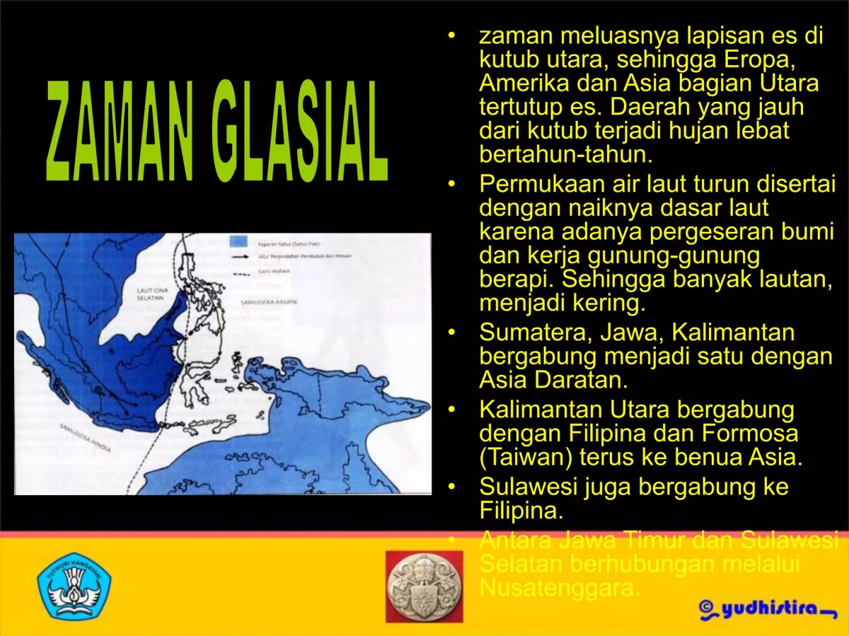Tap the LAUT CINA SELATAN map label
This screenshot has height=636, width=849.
coord(150,294)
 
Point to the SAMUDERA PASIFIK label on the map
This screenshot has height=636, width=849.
coord(268,301)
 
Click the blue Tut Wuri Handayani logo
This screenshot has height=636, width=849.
coord(74,586)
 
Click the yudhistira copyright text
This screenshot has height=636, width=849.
coord(768,608)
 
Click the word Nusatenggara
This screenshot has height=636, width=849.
coord(560,587)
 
